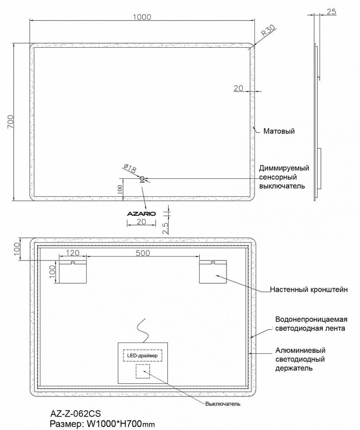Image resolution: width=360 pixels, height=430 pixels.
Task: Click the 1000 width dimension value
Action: (x=142, y=17)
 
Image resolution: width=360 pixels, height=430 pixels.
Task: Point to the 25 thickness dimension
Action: (x=331, y=12)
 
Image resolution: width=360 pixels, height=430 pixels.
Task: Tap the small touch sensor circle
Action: (x=142, y=178)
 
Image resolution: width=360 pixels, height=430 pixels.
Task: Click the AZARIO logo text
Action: (x=141, y=213)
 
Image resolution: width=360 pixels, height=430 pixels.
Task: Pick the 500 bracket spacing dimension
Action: (x=143, y=253)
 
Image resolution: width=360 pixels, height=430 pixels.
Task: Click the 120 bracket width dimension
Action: (x=72, y=253)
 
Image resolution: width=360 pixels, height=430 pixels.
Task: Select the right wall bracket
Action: (x=213, y=272)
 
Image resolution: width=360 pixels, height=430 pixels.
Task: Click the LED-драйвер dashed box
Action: (x=143, y=355)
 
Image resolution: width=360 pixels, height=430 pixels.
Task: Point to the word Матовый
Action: (x=279, y=131)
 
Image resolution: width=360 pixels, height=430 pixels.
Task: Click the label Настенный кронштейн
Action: (x=309, y=289)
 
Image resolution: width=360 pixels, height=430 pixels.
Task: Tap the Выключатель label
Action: (x=223, y=404)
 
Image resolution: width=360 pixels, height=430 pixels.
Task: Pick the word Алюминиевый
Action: (x=300, y=351)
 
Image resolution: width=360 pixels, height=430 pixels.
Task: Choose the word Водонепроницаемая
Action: (x=311, y=320)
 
